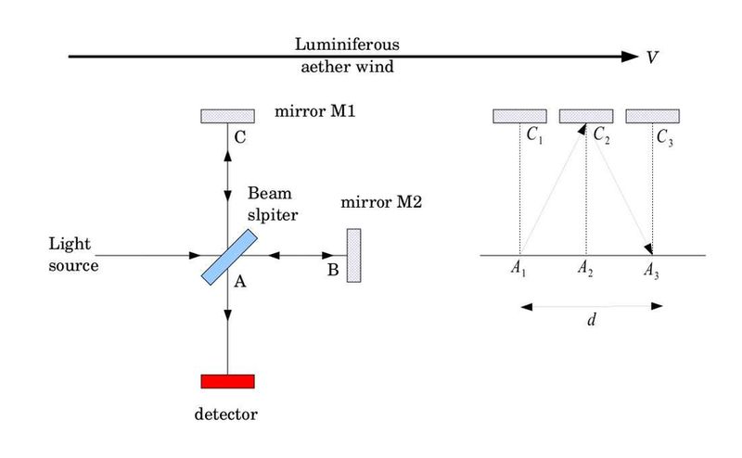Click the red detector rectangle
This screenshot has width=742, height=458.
pos(227,381)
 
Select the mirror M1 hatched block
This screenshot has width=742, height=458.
pos(227,115)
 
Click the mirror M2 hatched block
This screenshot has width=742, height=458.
pos(353,255)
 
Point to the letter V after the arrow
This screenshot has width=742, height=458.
pos(654,57)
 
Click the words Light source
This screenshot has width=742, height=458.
pos(73,254)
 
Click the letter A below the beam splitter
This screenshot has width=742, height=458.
pos(239,284)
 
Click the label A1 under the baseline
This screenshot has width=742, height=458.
pos(518,271)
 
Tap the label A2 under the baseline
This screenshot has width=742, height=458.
pos(584,271)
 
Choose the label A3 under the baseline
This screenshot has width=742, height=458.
pos(653,271)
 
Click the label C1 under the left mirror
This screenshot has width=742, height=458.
pos(534,137)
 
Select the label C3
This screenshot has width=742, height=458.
pos(667,137)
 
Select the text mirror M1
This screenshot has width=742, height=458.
pos(316,112)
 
